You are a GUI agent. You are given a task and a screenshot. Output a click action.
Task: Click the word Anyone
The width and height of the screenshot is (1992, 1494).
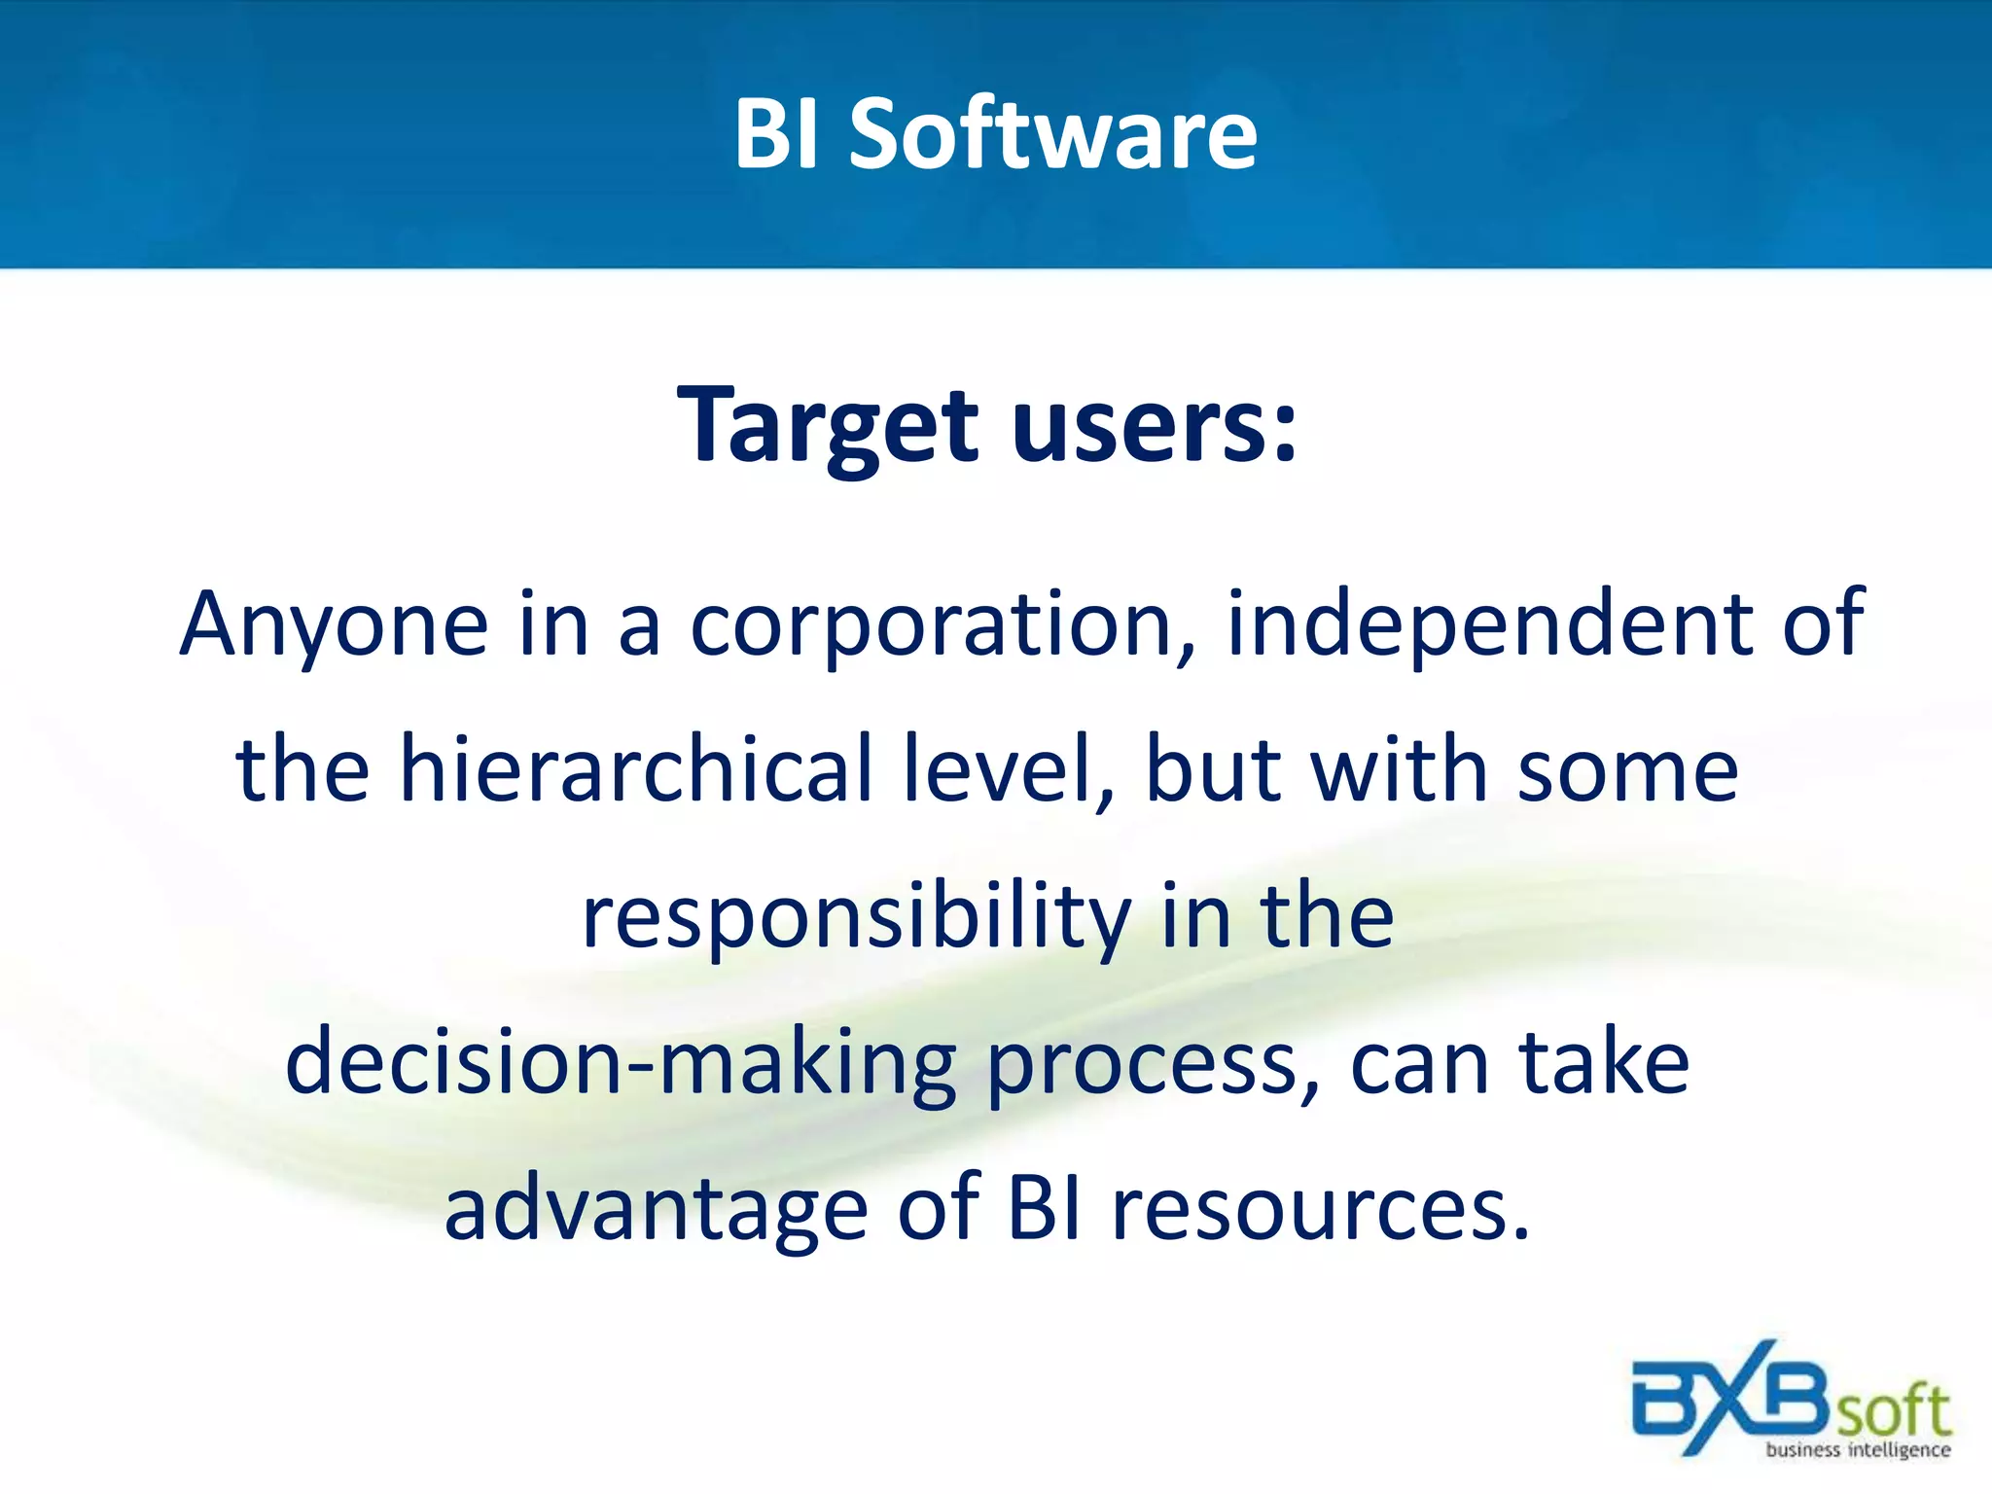(x=334, y=625)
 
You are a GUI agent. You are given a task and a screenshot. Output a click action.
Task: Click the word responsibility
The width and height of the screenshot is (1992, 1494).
(x=856, y=919)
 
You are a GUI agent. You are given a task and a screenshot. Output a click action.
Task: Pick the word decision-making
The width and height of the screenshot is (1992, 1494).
(x=621, y=1064)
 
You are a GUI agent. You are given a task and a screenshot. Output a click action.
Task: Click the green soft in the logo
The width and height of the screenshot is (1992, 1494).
(x=1893, y=1409)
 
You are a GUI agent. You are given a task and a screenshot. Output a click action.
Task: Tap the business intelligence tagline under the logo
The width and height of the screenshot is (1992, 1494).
(x=1858, y=1450)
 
